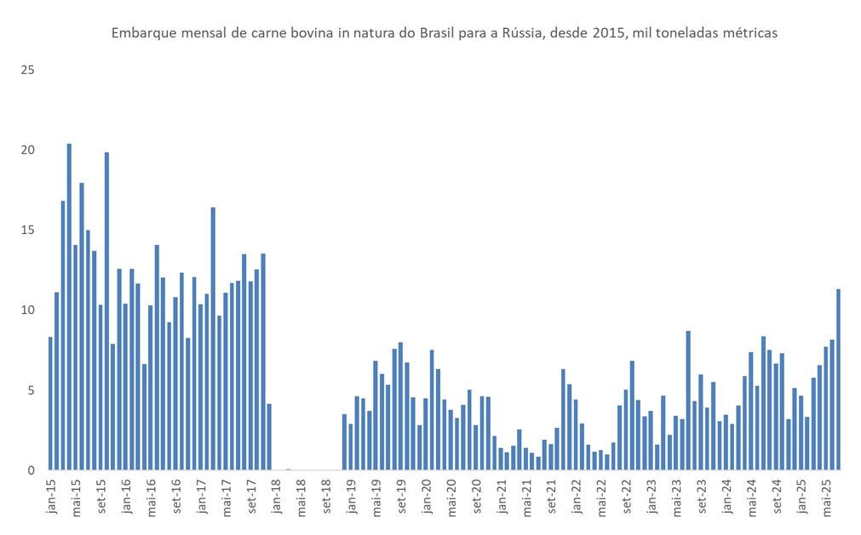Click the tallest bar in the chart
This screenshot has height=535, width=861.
[x=69, y=306]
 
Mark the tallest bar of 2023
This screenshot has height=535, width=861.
[x=688, y=400]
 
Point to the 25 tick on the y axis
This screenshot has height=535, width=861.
[x=27, y=70]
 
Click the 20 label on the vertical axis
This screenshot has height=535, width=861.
[x=27, y=150]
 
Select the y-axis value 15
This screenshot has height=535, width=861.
[x=27, y=230]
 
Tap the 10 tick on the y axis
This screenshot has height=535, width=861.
[x=27, y=310]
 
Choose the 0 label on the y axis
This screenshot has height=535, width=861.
[x=31, y=470]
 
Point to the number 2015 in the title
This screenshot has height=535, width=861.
[x=601, y=33]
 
